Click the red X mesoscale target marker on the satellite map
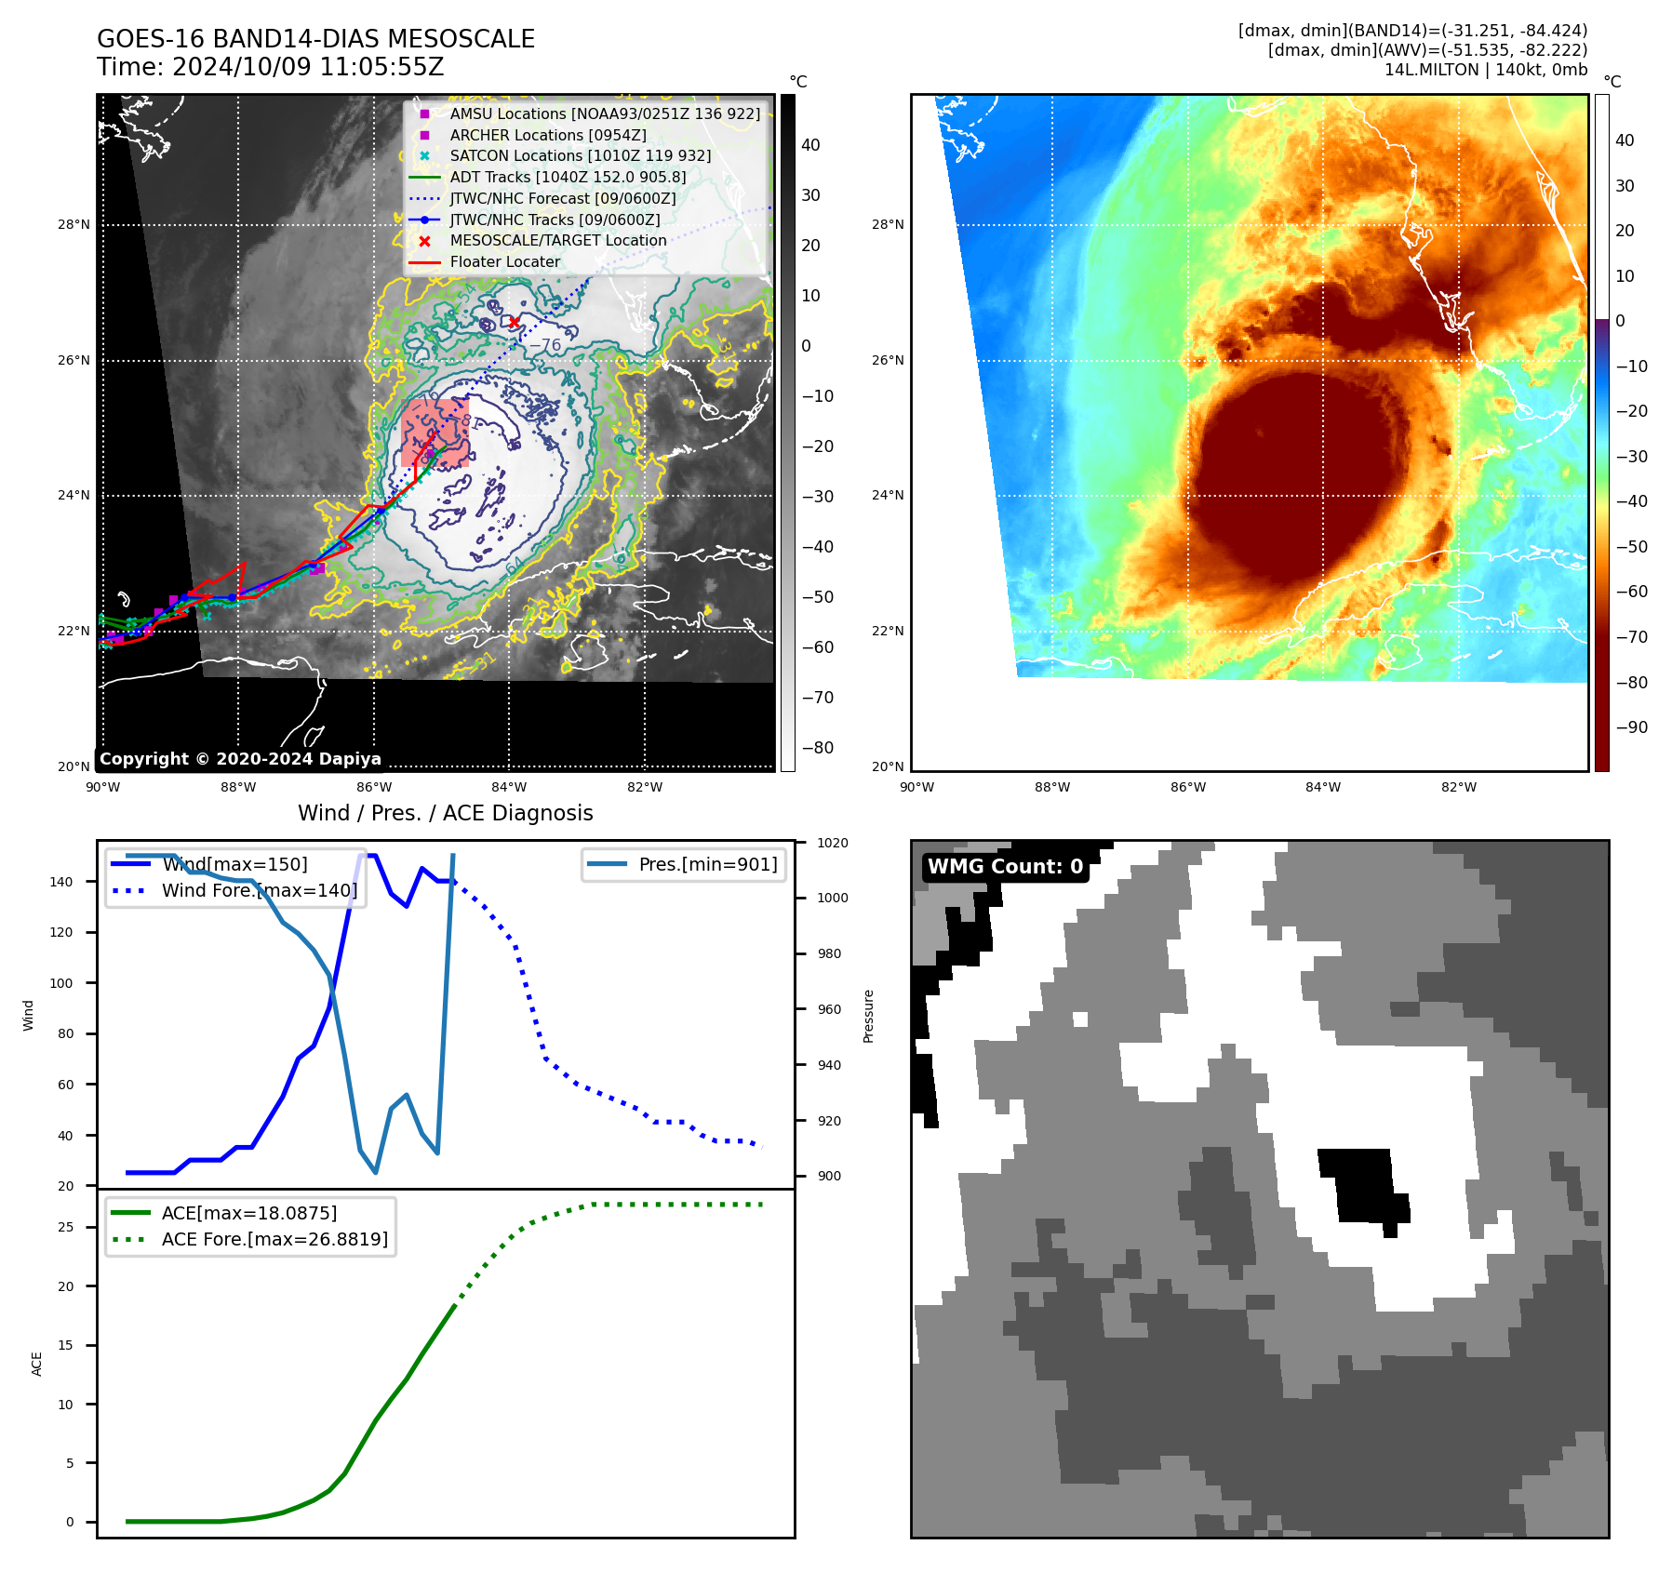(x=514, y=322)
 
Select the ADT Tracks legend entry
(x=568, y=177)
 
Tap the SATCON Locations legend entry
(x=580, y=155)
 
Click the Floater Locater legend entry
(x=504, y=261)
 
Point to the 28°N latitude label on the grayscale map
(x=74, y=224)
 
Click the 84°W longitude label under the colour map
(x=1323, y=787)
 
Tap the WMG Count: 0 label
(x=1005, y=866)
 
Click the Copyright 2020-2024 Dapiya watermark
(x=240, y=758)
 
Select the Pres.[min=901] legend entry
(x=707, y=864)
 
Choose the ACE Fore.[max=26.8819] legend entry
(x=274, y=1239)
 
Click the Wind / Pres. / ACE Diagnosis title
(x=445, y=813)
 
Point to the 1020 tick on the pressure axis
(x=832, y=843)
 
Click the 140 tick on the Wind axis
(x=61, y=882)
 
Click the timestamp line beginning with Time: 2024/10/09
(x=270, y=67)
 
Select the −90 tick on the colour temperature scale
(x=1631, y=727)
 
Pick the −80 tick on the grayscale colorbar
(x=818, y=748)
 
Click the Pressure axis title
(x=868, y=1016)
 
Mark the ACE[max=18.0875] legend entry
(x=248, y=1213)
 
